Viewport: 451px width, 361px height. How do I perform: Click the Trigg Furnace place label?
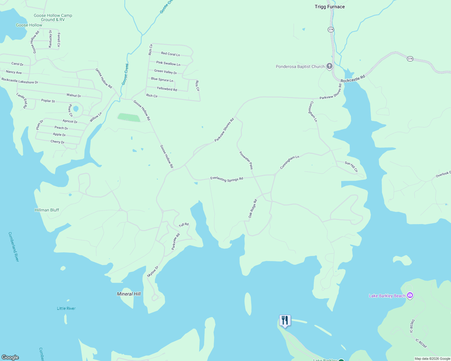point(330,7)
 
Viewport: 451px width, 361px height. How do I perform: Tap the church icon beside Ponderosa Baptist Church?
point(330,66)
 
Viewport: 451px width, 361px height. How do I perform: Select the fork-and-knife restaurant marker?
point(285,320)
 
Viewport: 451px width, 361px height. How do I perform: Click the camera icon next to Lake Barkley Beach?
point(410,295)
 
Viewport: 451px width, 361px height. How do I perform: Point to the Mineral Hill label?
point(129,294)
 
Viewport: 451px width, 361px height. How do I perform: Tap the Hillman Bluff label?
point(47,210)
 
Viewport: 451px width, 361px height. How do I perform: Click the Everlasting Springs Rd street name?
point(227,179)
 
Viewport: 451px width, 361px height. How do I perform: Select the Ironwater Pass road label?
point(246,160)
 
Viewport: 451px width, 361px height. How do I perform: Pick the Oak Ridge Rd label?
point(253,208)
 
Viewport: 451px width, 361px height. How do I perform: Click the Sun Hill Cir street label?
point(351,167)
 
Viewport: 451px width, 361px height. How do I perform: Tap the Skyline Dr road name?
point(153,272)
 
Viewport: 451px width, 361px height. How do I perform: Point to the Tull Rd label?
point(184,225)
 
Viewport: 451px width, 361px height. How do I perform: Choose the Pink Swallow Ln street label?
point(168,63)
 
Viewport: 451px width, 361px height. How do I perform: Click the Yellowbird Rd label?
point(167,89)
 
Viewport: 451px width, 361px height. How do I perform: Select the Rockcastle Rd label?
point(353,79)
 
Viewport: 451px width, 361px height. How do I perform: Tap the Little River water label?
point(66,308)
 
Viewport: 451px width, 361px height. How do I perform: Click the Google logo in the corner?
point(10,357)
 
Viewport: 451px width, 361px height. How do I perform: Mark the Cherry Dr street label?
point(58,142)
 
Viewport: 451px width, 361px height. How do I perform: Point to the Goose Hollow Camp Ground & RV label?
point(53,17)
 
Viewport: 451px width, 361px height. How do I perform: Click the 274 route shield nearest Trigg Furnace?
point(331,29)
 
